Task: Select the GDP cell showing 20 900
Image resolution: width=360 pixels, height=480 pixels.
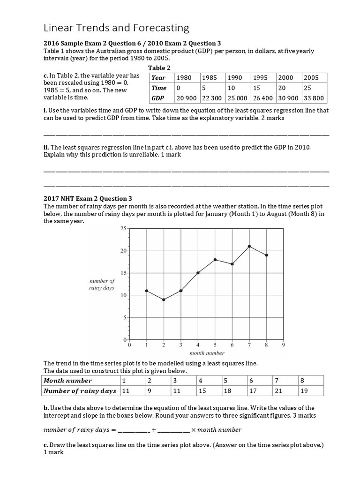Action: tap(187, 98)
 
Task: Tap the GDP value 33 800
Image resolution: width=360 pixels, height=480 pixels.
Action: tap(314, 98)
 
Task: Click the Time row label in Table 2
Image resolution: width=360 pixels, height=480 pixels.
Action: tap(159, 88)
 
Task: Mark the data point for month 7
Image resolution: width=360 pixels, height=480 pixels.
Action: tap(249, 246)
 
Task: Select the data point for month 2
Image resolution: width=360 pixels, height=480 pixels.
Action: tap(164, 300)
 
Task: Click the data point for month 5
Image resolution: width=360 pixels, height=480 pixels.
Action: tap(215, 259)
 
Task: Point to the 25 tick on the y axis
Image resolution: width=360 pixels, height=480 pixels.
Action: tap(123, 228)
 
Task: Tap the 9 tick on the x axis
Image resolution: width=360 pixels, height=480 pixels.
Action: tap(284, 345)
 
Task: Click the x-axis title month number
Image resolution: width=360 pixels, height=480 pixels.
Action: tap(207, 353)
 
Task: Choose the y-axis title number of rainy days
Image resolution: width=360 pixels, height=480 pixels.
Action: tap(102, 285)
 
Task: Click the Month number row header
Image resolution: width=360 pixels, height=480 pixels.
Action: tap(68, 381)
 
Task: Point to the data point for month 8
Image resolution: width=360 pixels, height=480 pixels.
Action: tap(267, 255)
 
